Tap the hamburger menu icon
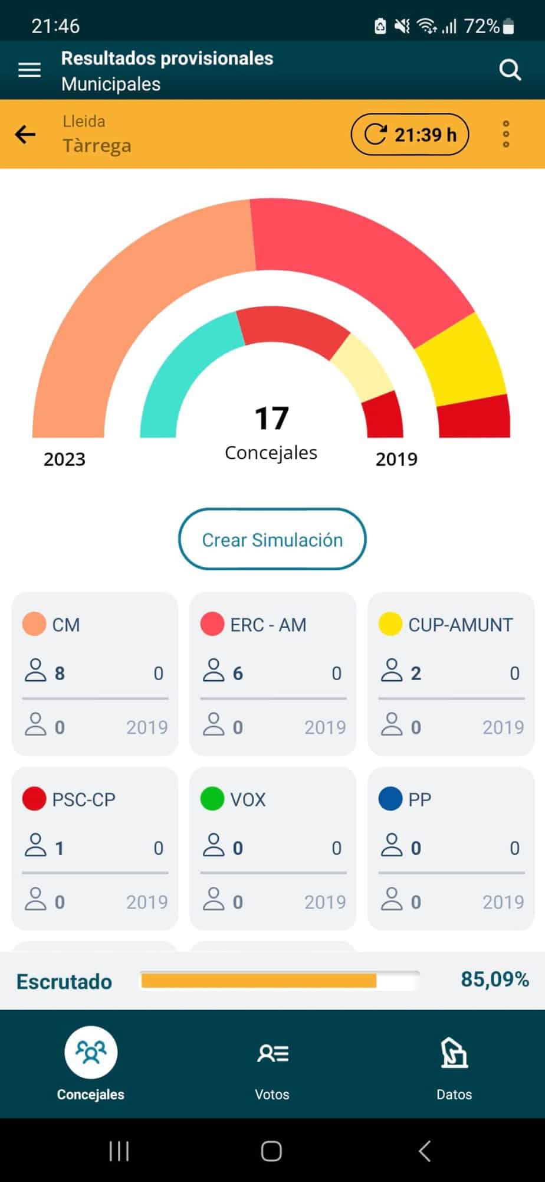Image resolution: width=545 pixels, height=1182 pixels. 29,70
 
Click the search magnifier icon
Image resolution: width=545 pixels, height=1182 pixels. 510,70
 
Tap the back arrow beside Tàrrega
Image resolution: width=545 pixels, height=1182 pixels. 25,134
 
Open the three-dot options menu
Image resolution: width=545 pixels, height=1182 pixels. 505,134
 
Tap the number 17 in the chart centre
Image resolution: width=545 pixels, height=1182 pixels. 271,418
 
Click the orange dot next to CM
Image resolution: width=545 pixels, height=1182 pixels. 34,624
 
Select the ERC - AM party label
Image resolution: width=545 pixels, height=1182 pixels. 268,625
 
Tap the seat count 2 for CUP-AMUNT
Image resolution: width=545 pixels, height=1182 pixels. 416,673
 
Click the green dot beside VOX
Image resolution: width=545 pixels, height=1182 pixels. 212,799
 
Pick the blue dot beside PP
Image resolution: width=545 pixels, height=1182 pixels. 390,799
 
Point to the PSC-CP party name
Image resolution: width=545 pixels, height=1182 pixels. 83,799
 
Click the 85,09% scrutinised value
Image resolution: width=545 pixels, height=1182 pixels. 494,979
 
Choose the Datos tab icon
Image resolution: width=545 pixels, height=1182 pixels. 454,1054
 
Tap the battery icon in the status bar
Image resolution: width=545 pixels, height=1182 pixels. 509,26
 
